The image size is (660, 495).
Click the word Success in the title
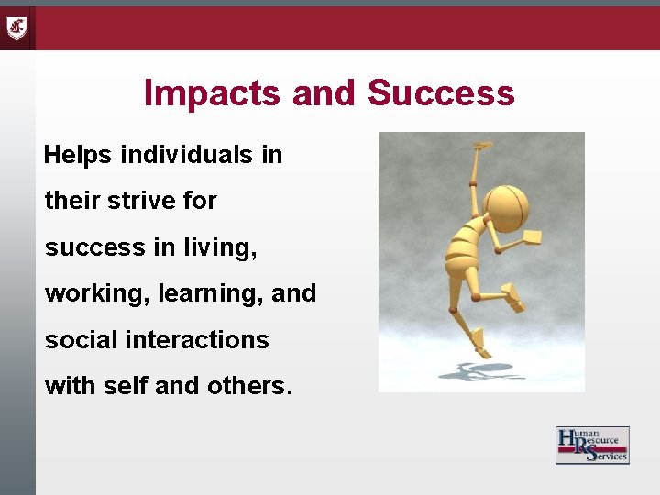pyautogui.click(x=441, y=94)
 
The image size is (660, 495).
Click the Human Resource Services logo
pyautogui.click(x=592, y=445)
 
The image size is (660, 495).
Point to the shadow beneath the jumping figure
pyautogui.click(x=477, y=371)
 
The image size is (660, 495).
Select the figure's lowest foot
pyautogui.click(x=479, y=349)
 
